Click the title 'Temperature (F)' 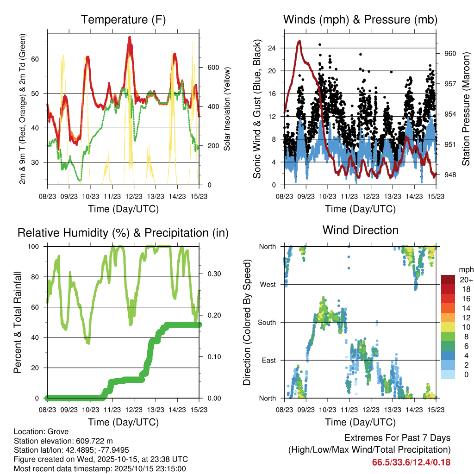pyautogui.click(x=123, y=19)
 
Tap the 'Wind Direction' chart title pyautogui.click(x=360, y=230)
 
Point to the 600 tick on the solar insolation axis pyautogui.click(x=212, y=67)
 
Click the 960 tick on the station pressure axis pyautogui.click(x=450, y=53)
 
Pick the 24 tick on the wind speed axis pyautogui.click(x=272, y=48)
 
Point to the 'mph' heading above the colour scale pyautogui.click(x=466, y=269)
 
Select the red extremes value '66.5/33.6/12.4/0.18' pyautogui.click(x=411, y=462)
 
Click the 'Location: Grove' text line pyautogui.click(x=41, y=431)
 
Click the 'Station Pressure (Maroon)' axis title pyautogui.click(x=466, y=109)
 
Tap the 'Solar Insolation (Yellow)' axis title pyautogui.click(x=227, y=109)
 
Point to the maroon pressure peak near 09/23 pyautogui.click(x=299, y=41)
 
